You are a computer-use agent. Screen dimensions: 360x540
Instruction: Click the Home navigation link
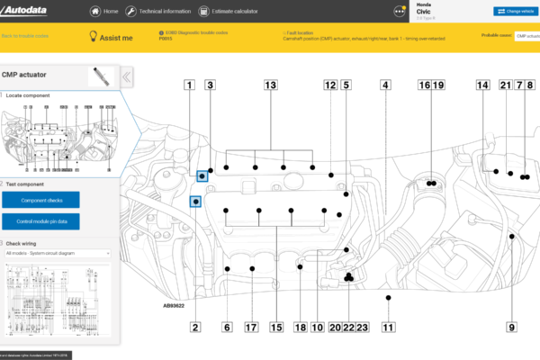point(105,12)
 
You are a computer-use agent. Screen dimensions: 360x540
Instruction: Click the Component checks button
point(40,200)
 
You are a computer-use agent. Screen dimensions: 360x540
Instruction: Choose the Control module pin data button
point(40,220)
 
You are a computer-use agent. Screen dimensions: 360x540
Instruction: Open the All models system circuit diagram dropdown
point(58,254)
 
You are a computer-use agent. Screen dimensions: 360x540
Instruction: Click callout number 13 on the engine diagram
point(269,85)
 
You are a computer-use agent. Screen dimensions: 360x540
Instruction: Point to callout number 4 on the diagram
point(385,85)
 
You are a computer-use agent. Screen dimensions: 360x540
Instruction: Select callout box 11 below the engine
point(388,328)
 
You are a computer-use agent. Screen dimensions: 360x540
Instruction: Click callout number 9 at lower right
point(511,328)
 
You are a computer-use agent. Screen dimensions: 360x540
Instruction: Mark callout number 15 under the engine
point(276,328)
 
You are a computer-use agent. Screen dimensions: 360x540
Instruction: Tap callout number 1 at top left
point(189,85)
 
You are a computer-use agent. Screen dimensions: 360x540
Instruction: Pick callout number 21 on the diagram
point(505,85)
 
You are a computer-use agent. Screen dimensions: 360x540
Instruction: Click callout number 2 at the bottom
point(195,328)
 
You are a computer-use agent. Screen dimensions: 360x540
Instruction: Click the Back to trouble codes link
point(25,36)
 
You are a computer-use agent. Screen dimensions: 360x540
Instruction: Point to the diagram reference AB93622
point(175,305)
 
